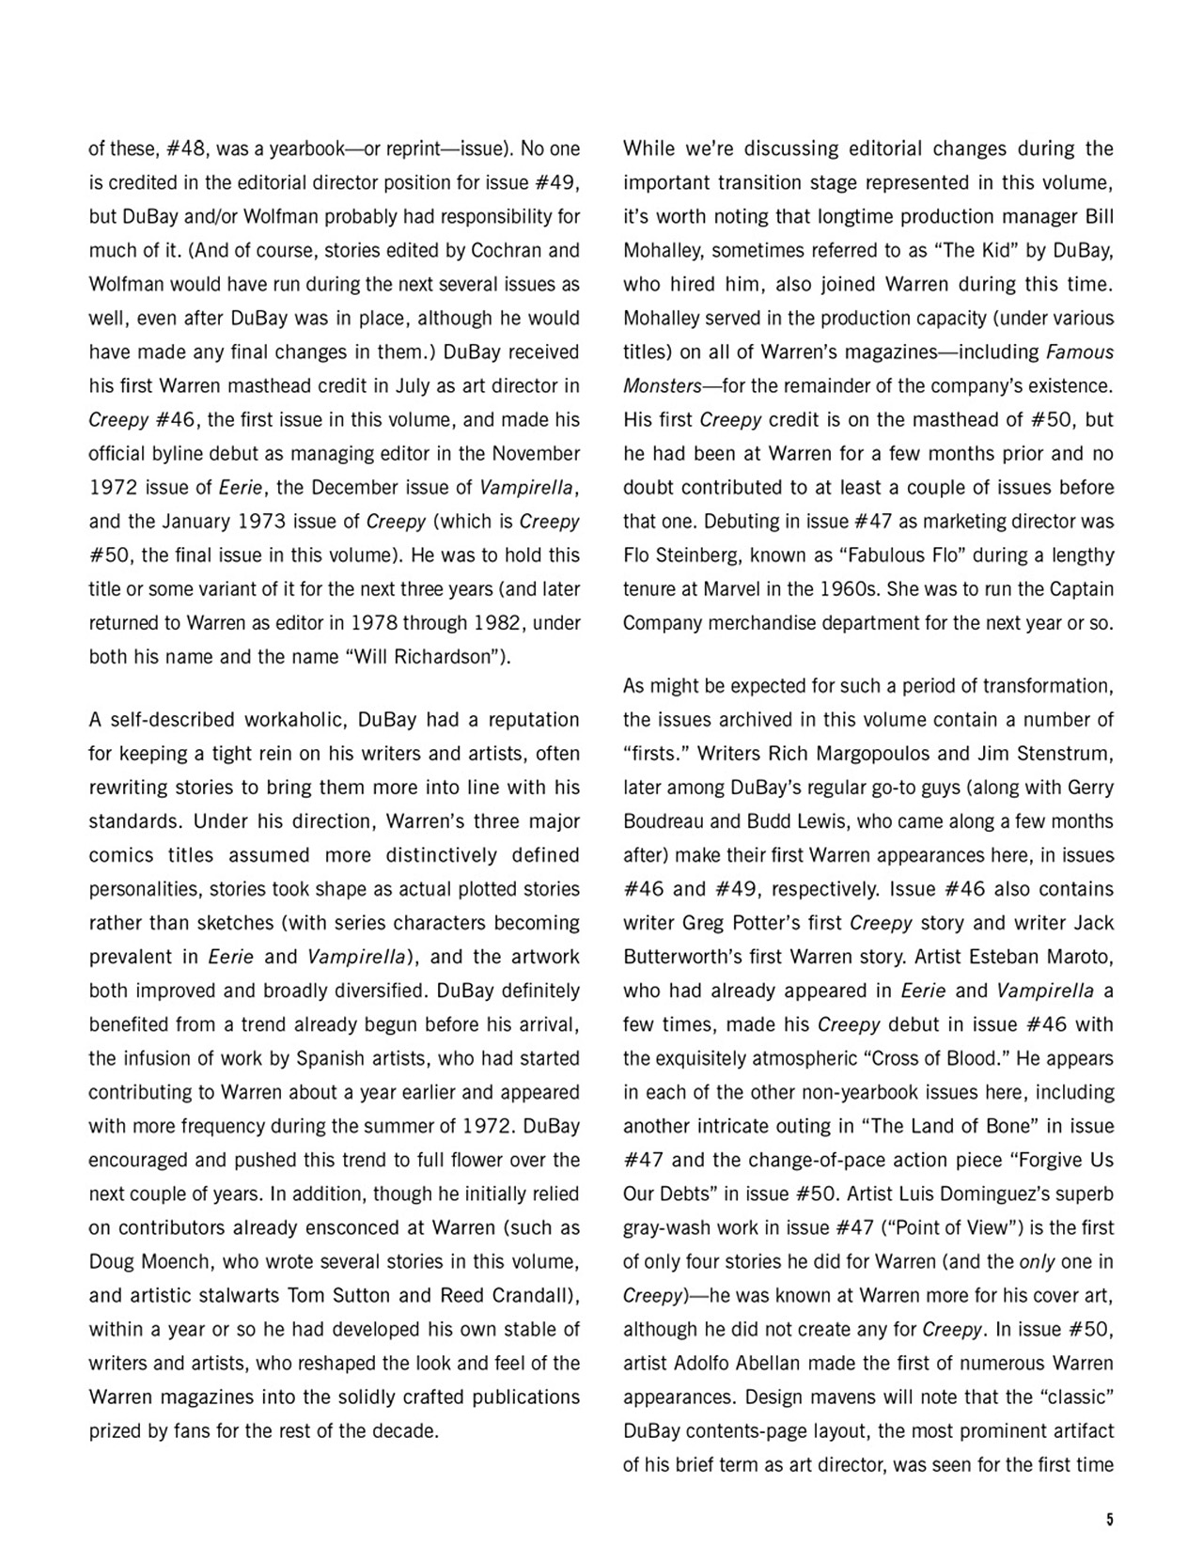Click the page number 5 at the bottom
[1110, 1520]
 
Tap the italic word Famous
[1079, 351]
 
